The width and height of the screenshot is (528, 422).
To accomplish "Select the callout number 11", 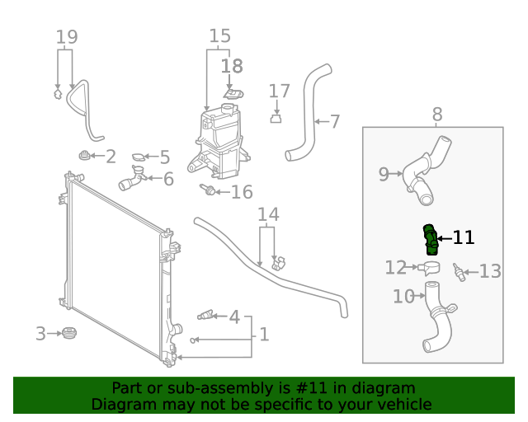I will [464, 238].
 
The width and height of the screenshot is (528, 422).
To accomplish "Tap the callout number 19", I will [67, 36].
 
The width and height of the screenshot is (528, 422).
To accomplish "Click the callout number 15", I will [219, 36].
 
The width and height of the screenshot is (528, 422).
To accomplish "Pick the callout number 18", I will [233, 65].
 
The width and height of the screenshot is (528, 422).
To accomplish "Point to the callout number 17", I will [280, 91].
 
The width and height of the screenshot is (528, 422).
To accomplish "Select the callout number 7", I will [334, 122].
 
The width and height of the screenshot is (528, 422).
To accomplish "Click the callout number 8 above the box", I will [436, 115].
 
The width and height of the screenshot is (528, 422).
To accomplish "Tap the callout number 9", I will [384, 174].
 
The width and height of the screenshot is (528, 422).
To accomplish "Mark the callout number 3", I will [40, 334].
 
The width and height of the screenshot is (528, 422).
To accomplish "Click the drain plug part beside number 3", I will [69, 333].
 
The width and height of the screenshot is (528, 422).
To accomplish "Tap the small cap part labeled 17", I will [277, 119].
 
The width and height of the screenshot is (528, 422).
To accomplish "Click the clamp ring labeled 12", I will [430, 267].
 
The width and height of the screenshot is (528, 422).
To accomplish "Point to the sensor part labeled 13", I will [460, 273].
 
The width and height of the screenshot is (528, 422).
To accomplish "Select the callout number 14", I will [268, 215].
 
